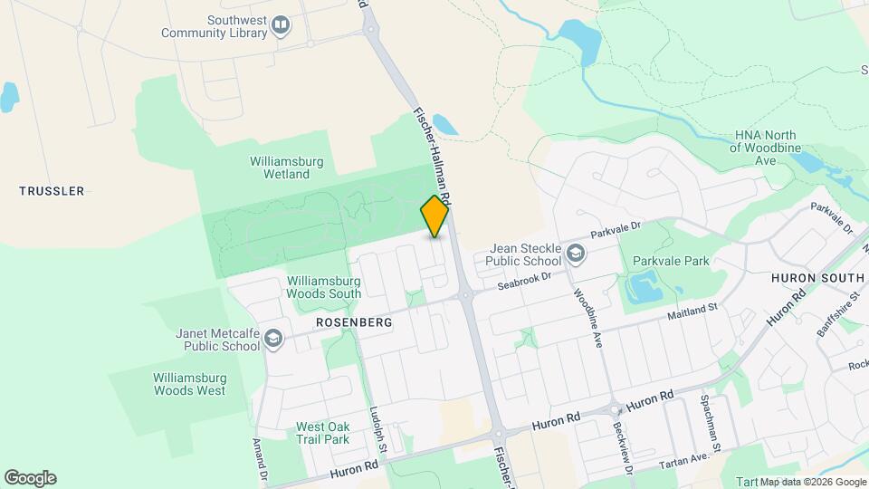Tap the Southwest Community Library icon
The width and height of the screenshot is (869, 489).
coord(280,25)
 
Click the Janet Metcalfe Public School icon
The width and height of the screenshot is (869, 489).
coord(273,339)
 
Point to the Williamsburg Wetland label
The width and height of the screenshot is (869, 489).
coord(287,168)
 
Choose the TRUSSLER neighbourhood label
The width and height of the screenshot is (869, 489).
coord(52,191)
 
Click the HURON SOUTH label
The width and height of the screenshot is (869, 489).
coord(817,277)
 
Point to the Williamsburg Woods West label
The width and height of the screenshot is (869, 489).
coord(189,384)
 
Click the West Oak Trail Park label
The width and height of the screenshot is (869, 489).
coord(322,433)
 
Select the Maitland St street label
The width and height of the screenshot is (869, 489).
coord(692,312)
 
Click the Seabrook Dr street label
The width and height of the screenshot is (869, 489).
coord(524,281)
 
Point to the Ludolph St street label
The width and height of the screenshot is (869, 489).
coord(378,429)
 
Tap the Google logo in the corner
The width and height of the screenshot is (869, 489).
coord(30,477)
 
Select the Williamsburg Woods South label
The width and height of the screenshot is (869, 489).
coord(324,287)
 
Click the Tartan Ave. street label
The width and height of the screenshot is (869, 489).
coord(683,460)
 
